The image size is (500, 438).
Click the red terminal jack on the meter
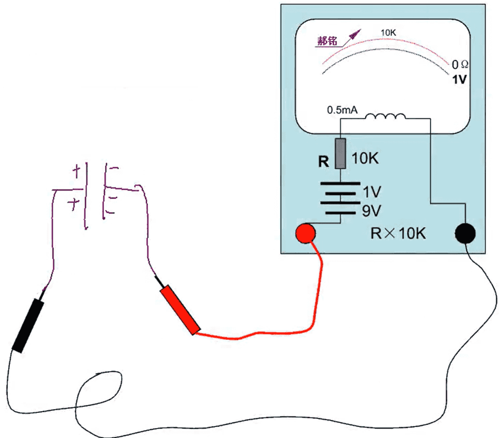point(305,232)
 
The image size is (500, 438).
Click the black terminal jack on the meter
point(464,233)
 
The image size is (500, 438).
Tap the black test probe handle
point(28,325)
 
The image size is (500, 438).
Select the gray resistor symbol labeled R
point(340,153)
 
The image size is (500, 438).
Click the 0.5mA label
point(341,109)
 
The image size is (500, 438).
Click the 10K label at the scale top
point(388,32)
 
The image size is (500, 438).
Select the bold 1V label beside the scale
point(459,79)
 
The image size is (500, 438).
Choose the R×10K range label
point(398,232)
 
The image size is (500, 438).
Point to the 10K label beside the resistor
point(365,159)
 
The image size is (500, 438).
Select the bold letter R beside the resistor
point(324,161)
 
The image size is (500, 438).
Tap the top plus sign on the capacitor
point(76,172)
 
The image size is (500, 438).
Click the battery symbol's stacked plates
point(340,197)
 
